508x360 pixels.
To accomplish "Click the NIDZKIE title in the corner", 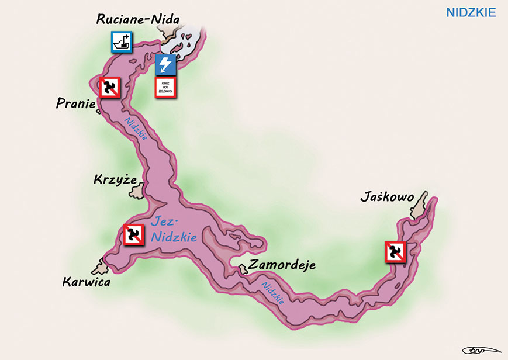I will tap(471, 12).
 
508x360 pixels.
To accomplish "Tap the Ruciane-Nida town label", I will tap(138, 20).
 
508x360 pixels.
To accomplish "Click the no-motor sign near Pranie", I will tap(109, 88).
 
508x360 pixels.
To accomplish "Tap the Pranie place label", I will tap(76, 103).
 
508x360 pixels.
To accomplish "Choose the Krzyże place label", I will tap(115, 179).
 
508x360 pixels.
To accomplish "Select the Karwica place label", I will tap(86, 282).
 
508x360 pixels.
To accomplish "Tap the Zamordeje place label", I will tap(282, 265).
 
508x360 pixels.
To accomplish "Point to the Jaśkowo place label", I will tap(386, 199).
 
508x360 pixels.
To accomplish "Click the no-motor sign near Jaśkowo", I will tap(395, 251).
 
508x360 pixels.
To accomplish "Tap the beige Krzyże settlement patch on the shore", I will tap(137, 189).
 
